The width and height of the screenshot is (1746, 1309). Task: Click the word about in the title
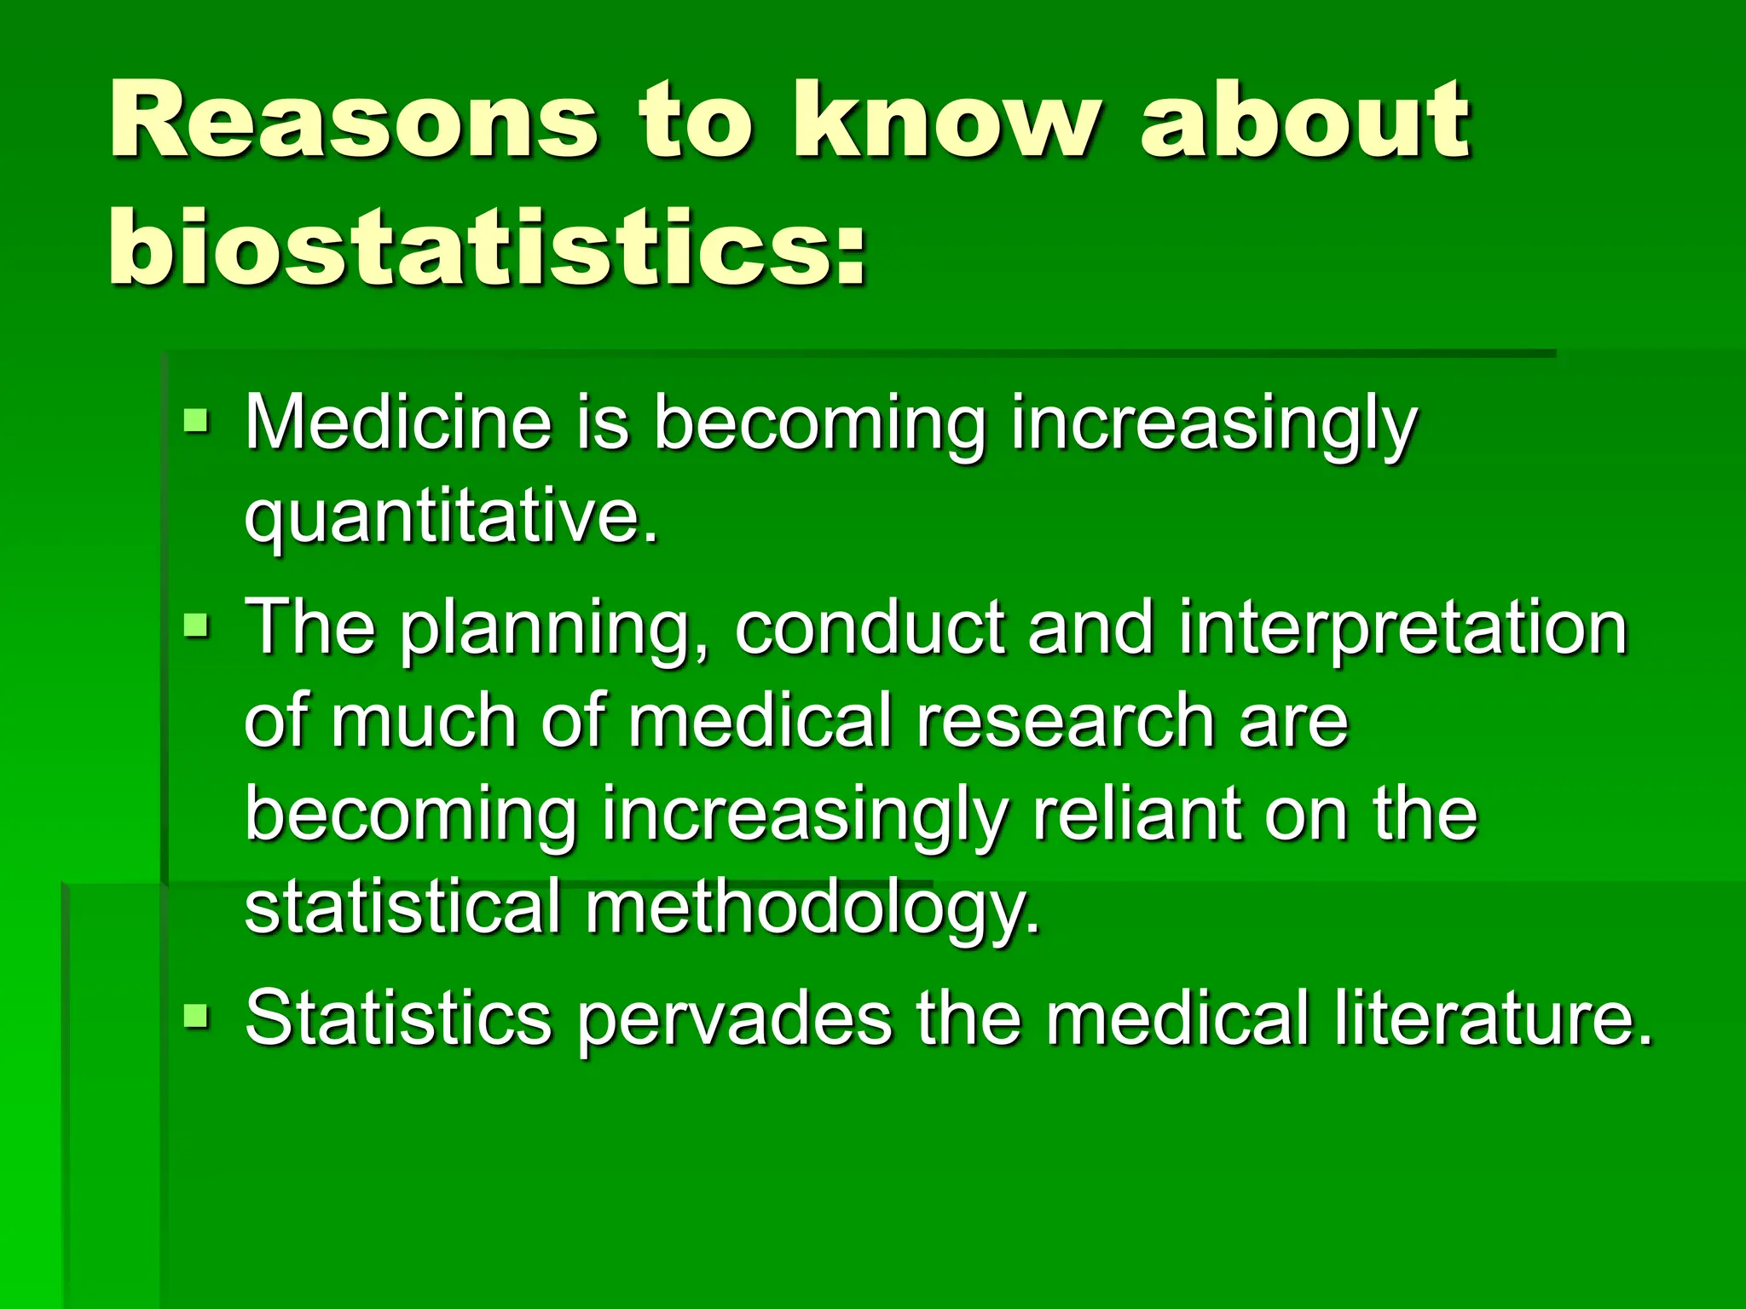coord(1305,121)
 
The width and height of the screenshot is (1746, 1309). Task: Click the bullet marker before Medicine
coord(196,419)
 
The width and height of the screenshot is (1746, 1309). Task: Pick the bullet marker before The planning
coord(196,626)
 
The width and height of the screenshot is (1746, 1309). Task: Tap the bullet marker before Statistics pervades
coord(196,1016)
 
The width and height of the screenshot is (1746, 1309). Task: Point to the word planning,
coord(555,631)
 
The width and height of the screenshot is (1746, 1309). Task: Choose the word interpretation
coord(1403,631)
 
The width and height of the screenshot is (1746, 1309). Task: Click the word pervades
coord(734,1019)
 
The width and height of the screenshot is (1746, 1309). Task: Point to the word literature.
coord(1493,1018)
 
